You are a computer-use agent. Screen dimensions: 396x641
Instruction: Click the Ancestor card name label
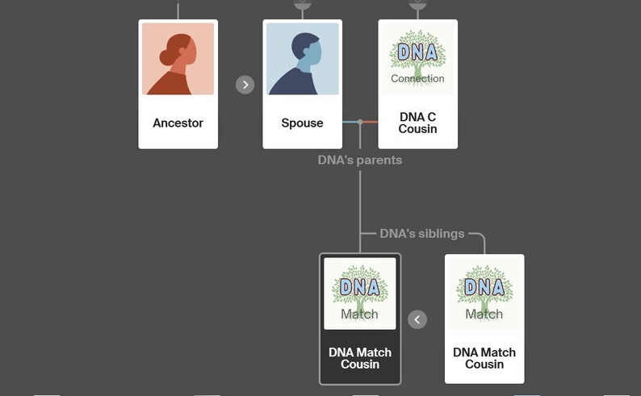pos(178,123)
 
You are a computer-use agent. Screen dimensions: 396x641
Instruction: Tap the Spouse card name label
pos(302,123)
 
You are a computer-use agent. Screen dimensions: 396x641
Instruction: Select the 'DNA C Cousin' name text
pos(417,123)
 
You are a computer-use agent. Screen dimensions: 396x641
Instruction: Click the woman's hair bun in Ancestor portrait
pos(167,57)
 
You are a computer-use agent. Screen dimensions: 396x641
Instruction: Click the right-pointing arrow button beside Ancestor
pos(245,85)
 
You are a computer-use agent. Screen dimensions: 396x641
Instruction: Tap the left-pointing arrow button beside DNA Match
pos(417,319)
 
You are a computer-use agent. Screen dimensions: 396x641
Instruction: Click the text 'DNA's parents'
pos(359,160)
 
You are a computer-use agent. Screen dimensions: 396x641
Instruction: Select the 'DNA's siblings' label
pos(422,234)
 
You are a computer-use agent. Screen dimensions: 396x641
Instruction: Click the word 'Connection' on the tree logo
pos(417,78)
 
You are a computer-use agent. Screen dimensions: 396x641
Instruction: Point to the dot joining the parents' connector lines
pos(360,122)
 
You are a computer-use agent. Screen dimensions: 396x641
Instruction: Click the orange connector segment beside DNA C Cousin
pos(370,122)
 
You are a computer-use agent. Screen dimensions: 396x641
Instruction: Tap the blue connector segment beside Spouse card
pos(350,122)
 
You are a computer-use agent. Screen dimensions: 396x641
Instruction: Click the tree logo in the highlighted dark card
pos(360,293)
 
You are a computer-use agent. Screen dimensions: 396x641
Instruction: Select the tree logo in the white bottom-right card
pos(484,292)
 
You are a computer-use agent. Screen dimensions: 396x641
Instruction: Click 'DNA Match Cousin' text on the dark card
pos(360,358)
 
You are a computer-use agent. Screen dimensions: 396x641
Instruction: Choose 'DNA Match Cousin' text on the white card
pos(484,358)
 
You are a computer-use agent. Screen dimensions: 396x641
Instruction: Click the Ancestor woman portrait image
pos(178,59)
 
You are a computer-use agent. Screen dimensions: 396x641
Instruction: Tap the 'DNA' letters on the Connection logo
pos(417,53)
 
